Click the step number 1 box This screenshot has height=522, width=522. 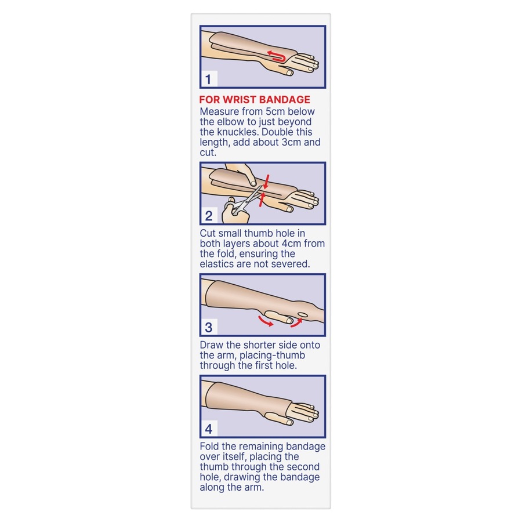(208, 79)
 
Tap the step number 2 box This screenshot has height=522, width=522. (209, 216)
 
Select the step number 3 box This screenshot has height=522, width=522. (209, 328)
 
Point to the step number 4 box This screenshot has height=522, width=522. (209, 429)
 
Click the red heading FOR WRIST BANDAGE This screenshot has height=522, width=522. (255, 100)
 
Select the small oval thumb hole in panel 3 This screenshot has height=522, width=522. (302, 316)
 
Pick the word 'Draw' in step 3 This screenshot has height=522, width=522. (212, 345)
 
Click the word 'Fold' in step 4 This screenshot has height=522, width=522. (210, 447)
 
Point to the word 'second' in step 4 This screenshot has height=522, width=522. (302, 467)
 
